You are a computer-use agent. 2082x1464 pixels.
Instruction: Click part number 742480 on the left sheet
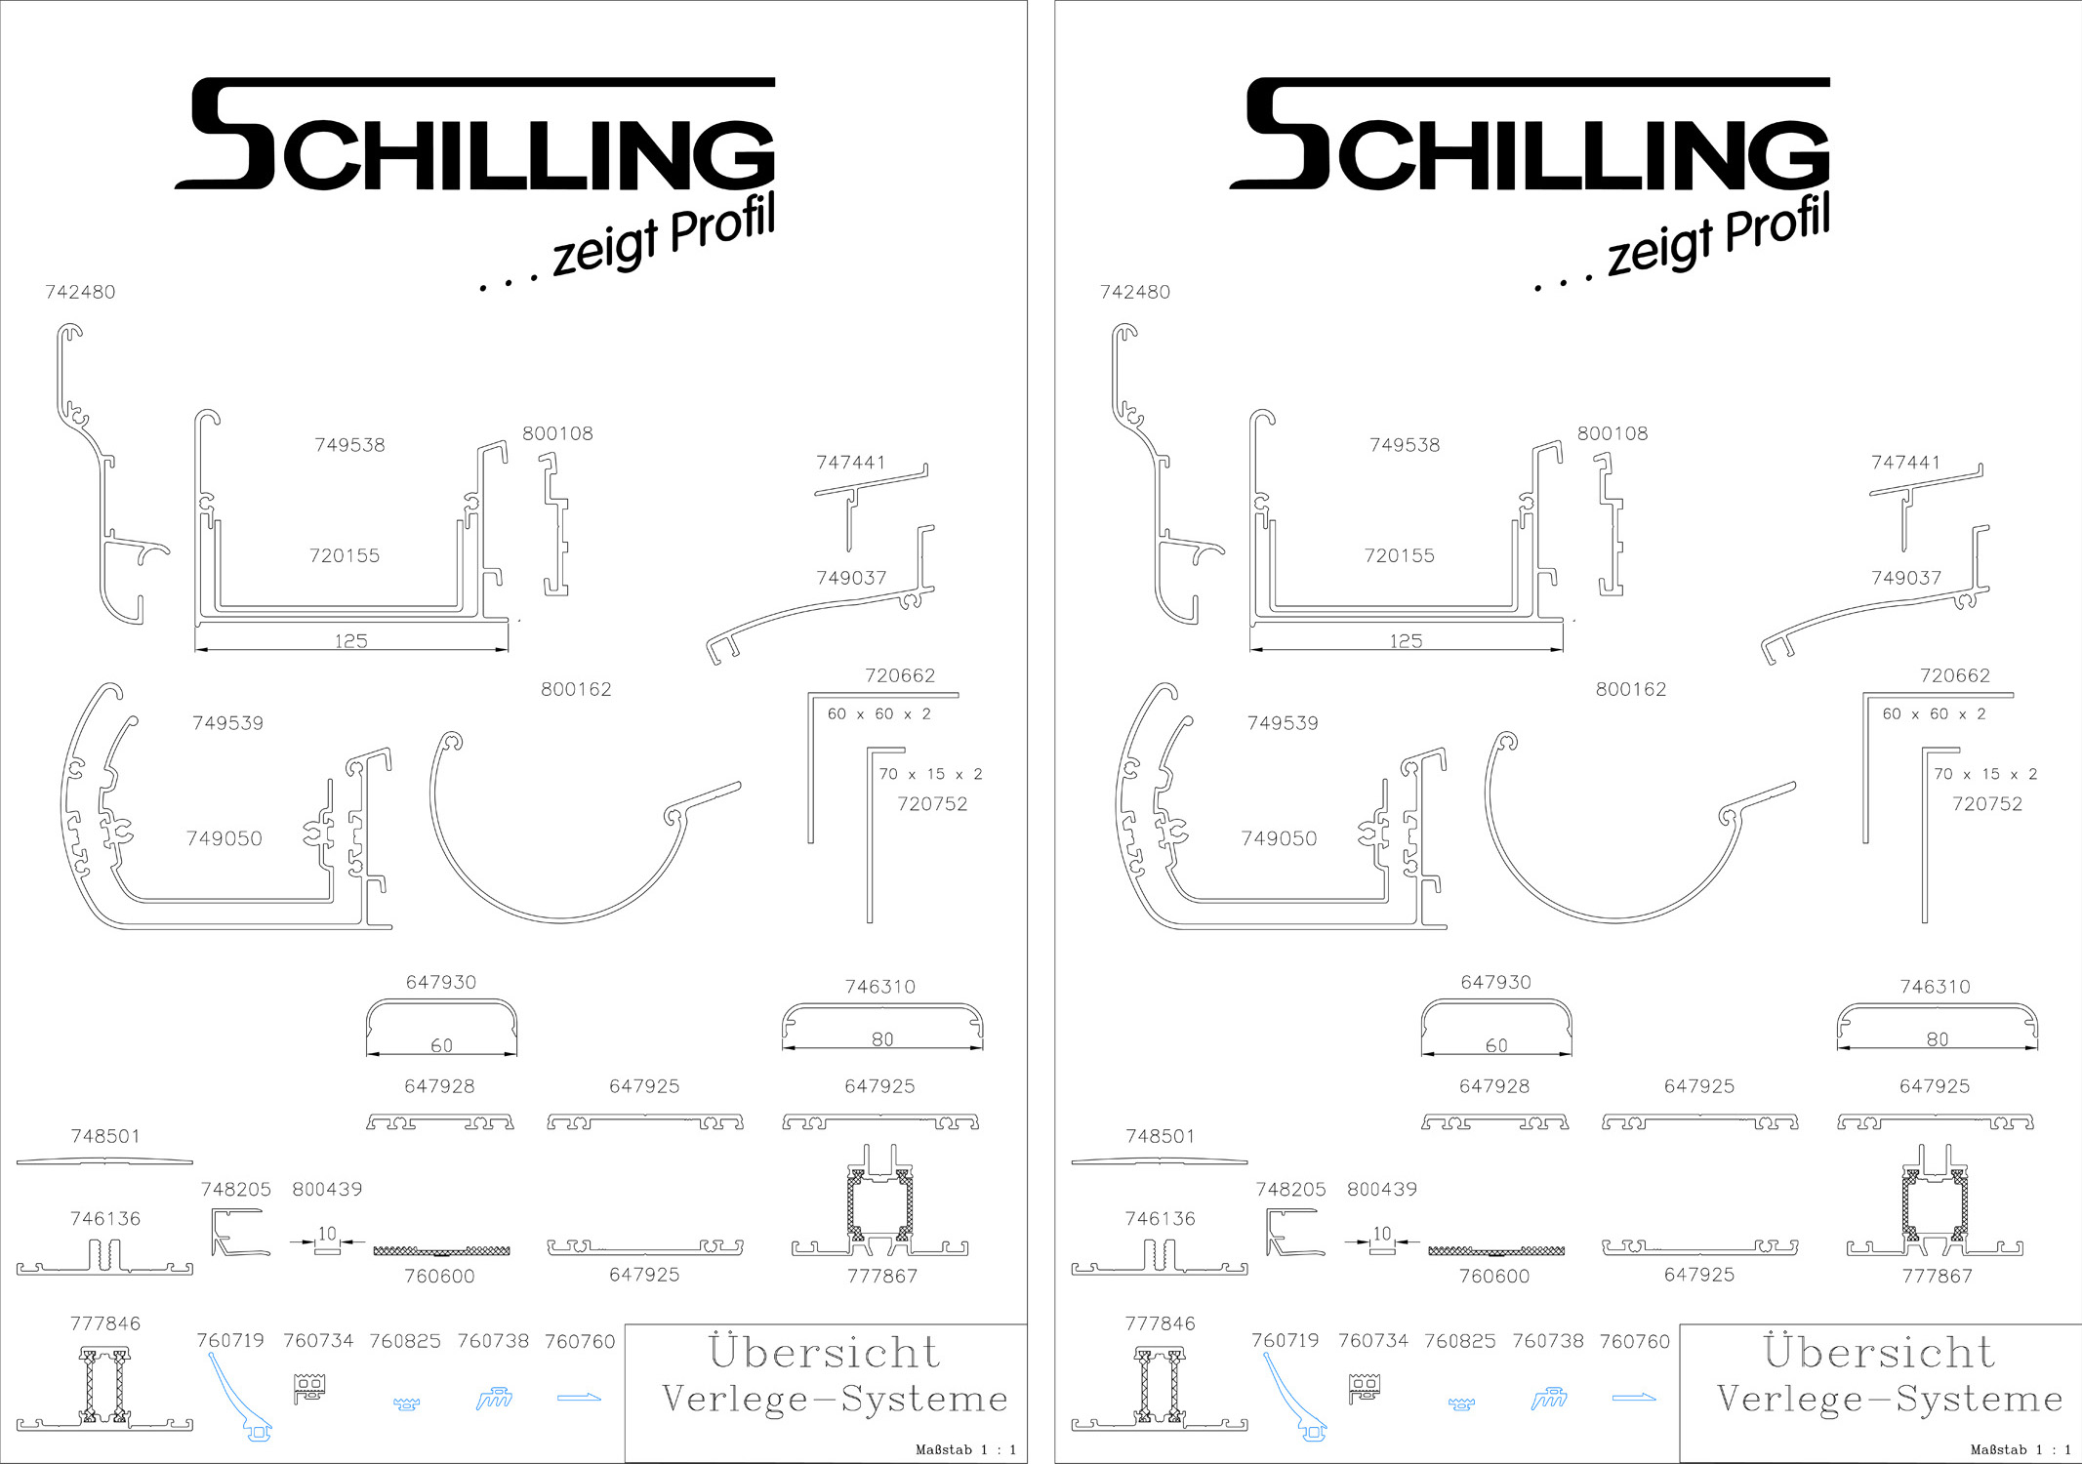[80, 292]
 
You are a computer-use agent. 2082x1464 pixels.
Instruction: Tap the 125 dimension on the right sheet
[1406, 641]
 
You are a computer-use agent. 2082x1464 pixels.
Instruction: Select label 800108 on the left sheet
[557, 433]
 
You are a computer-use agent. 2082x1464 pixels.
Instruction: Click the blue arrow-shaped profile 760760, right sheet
[1634, 1399]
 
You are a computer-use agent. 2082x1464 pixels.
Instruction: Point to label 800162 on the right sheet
[1631, 689]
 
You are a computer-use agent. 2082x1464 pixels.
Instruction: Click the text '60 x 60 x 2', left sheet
[879, 713]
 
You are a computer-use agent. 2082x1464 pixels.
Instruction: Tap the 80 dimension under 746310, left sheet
[882, 1039]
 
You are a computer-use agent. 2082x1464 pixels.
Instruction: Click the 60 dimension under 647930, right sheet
[1496, 1045]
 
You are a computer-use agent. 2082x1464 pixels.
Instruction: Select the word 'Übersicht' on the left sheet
[825, 1351]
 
